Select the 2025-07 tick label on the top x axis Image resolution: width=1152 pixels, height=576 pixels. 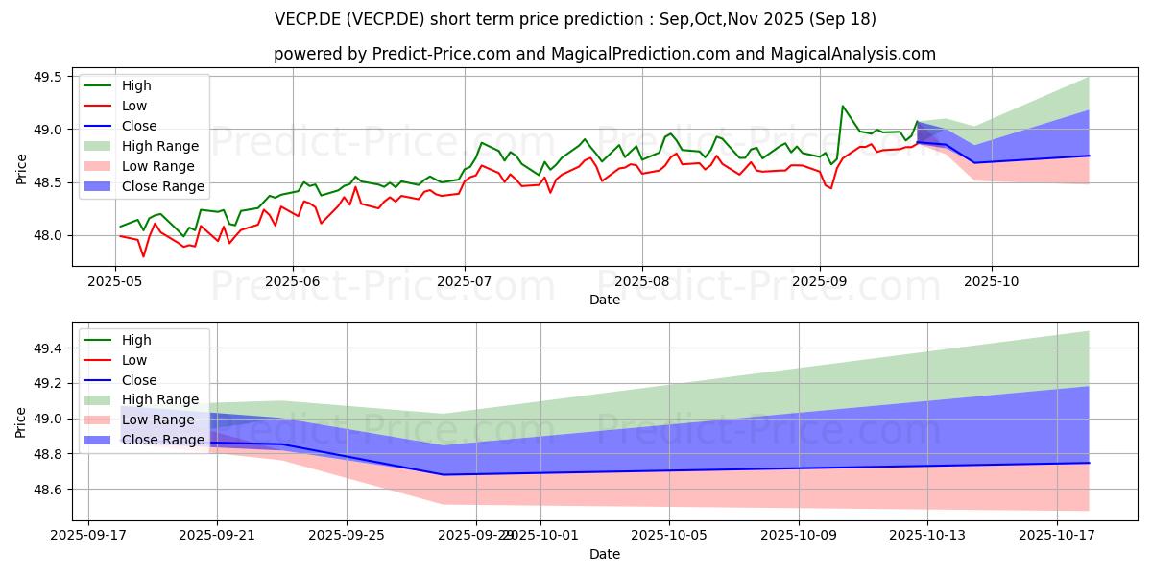[x=465, y=281]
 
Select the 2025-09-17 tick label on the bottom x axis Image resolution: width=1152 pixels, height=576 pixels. [x=88, y=535]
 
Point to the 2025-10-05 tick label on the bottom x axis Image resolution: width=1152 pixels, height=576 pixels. [x=669, y=535]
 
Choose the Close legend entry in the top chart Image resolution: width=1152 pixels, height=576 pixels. [x=139, y=126]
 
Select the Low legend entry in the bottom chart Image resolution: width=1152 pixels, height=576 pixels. [x=135, y=360]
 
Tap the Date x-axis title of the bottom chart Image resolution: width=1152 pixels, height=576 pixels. [x=605, y=554]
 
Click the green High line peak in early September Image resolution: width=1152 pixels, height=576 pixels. [x=843, y=106]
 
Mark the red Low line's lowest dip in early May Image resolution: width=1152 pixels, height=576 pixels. [x=143, y=256]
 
